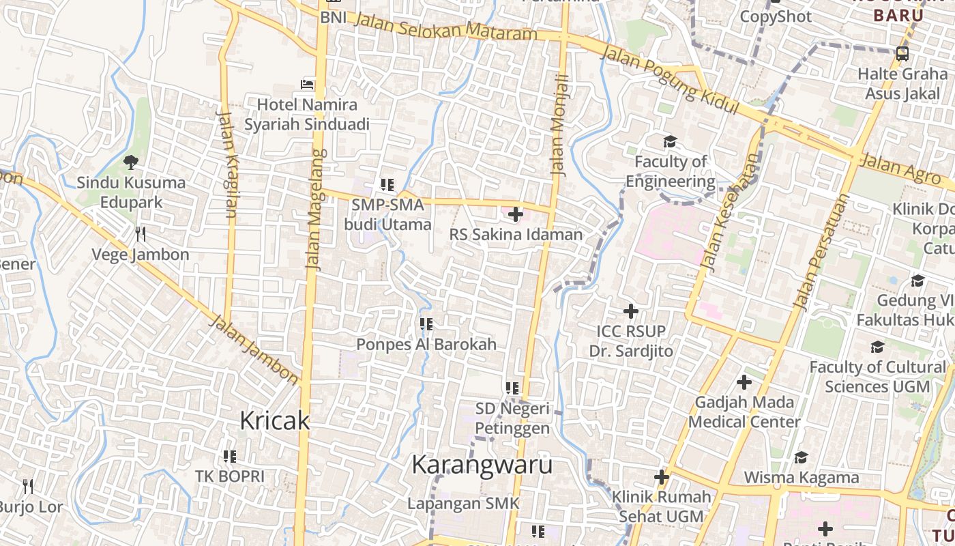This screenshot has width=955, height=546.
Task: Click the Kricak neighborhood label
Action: pyautogui.click(x=274, y=421)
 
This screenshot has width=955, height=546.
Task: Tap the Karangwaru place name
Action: pyautogui.click(x=482, y=465)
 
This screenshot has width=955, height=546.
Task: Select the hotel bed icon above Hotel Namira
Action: pyautogui.click(x=308, y=85)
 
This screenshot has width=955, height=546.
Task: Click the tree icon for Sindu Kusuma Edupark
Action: pyautogui.click(x=130, y=162)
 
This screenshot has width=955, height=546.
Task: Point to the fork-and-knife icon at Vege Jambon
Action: pyautogui.click(x=141, y=234)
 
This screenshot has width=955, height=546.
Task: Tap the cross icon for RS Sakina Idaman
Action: pyautogui.click(x=516, y=214)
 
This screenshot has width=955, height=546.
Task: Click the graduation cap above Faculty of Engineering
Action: pyautogui.click(x=670, y=142)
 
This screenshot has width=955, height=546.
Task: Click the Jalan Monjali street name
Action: pyautogui.click(x=560, y=126)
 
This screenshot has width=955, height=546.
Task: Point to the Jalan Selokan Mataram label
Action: pyautogui.click(x=447, y=29)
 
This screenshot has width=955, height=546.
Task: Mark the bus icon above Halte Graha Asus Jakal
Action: pyautogui.click(x=902, y=53)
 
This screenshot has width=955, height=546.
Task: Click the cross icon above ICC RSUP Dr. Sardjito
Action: pyautogui.click(x=631, y=311)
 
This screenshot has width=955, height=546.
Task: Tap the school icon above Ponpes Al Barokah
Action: pyautogui.click(x=426, y=324)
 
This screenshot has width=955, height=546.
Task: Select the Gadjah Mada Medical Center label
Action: pyautogui.click(x=744, y=412)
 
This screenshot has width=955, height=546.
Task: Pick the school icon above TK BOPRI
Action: pyautogui.click(x=229, y=456)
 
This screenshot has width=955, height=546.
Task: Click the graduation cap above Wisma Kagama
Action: pyautogui.click(x=801, y=457)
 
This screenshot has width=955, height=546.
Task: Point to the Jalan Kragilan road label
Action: pyautogui.click(x=228, y=163)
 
